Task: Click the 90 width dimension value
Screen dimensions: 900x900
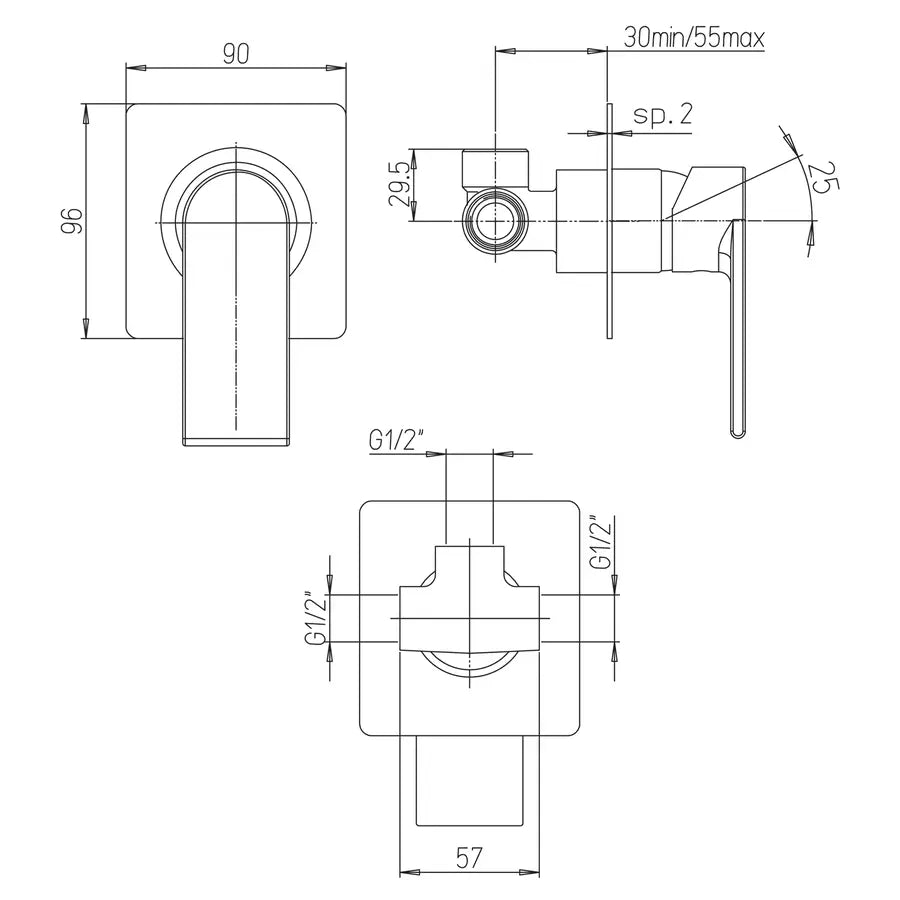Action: click(235, 54)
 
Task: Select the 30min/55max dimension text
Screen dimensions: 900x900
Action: click(693, 39)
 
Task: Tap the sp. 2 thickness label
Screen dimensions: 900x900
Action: click(662, 115)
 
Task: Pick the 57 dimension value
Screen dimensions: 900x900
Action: click(469, 856)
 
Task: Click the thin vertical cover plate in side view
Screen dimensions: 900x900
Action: click(608, 220)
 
